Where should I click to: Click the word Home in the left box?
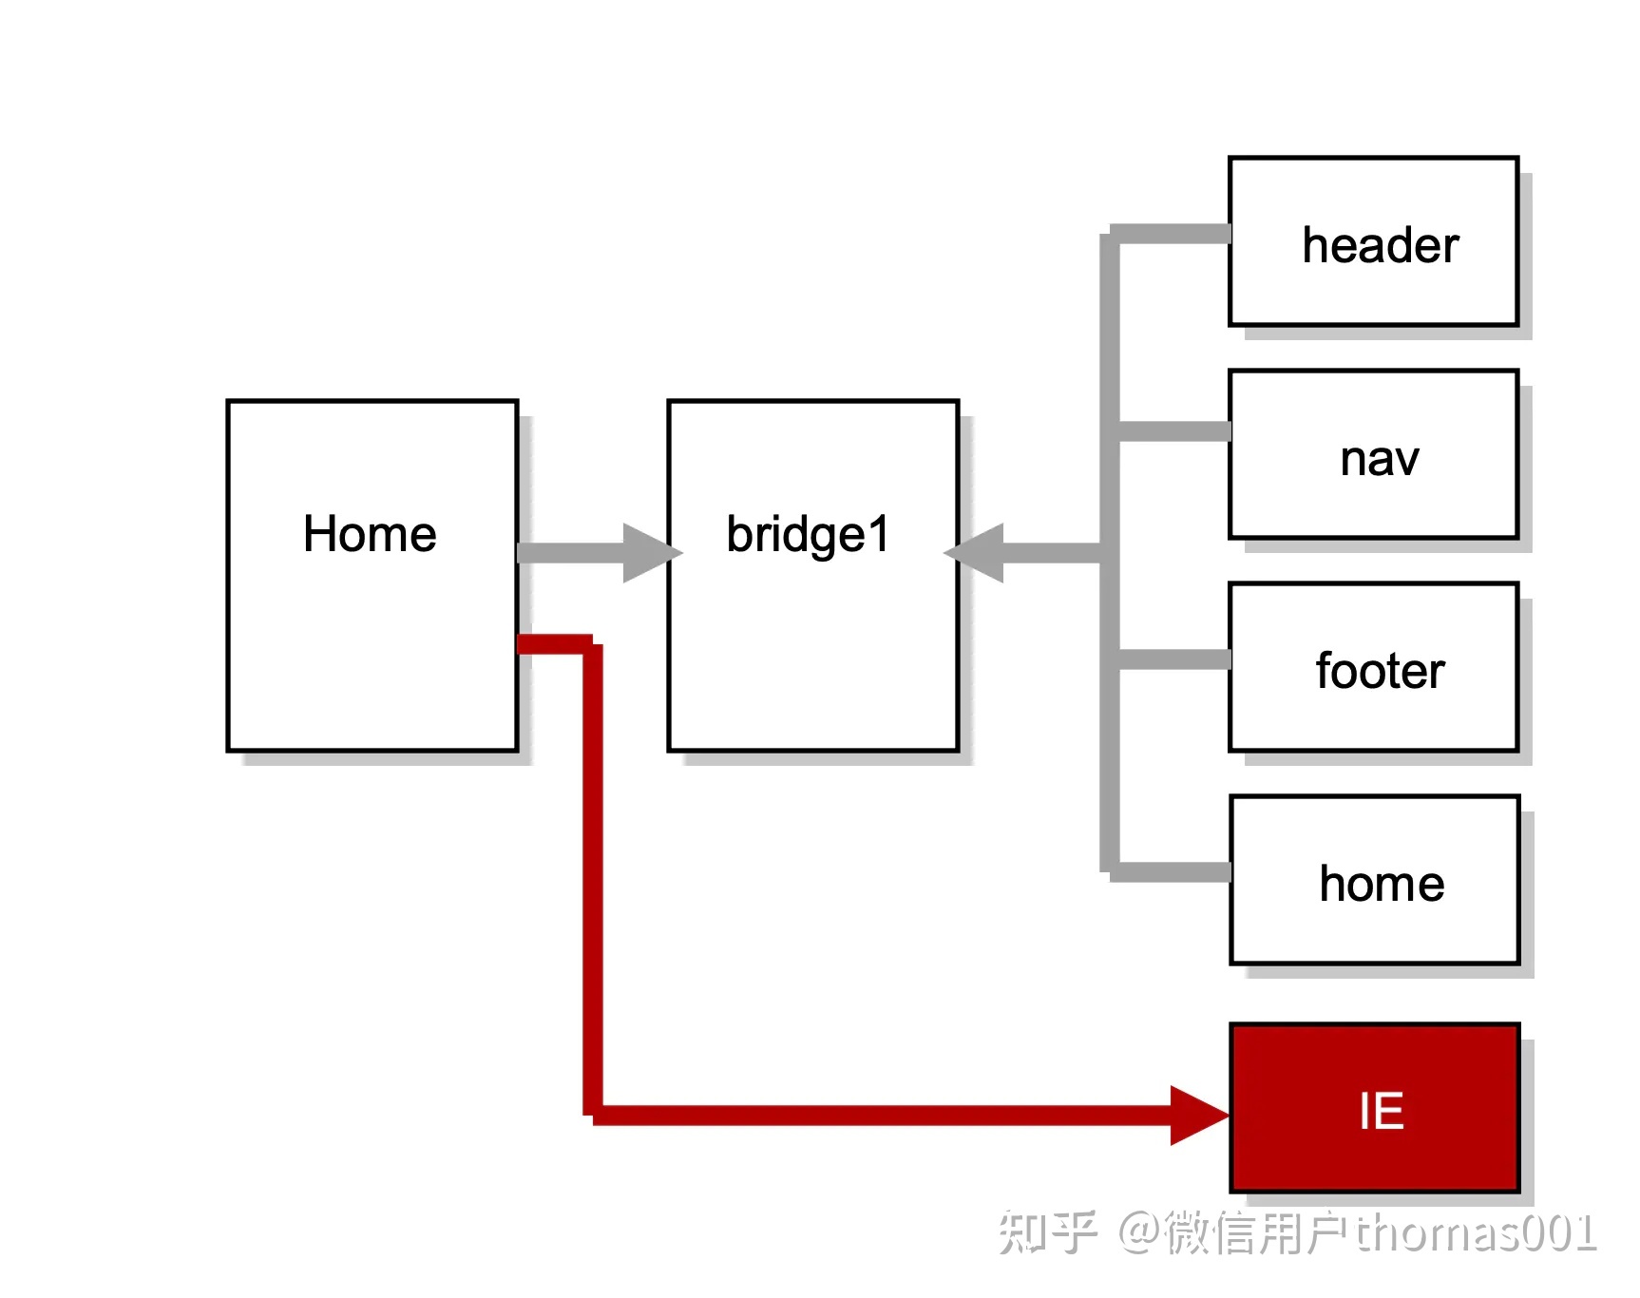pos(370,534)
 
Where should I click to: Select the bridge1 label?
pos(808,534)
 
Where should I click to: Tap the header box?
pos(1373,241)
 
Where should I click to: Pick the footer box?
pos(1373,667)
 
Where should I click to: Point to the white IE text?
pos(1381,1110)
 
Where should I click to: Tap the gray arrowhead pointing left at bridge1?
pos(977,552)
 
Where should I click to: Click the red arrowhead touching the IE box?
pos(1198,1115)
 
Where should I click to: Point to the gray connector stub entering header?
pos(1173,234)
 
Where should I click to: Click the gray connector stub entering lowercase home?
pos(1173,871)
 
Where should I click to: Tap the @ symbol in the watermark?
pos(1138,1231)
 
